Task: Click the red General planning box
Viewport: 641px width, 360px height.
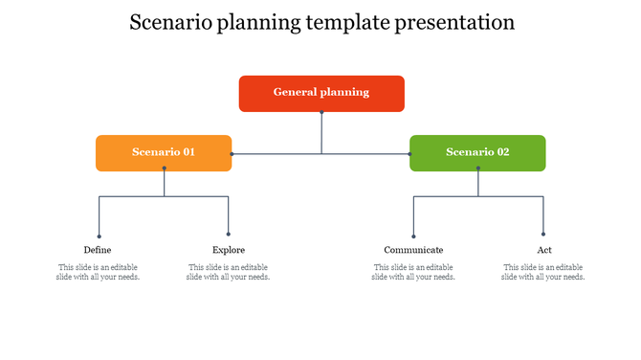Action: point(320,93)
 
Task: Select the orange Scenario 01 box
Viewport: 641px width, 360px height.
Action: point(164,152)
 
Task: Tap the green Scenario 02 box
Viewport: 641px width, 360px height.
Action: point(477,152)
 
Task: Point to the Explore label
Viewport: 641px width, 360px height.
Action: point(229,250)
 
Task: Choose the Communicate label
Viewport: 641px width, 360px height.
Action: point(413,250)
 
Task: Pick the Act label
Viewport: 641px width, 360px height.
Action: point(543,250)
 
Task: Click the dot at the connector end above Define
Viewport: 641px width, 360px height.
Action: point(99,235)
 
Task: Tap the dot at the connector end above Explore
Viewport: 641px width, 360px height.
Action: point(229,235)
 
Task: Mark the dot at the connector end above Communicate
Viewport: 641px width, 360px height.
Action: point(413,235)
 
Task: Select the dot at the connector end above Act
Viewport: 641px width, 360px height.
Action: point(543,235)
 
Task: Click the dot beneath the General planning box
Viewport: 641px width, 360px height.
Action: point(321,112)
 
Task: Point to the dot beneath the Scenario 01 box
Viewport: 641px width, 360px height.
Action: point(165,169)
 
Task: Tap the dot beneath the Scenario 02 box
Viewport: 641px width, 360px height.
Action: point(478,169)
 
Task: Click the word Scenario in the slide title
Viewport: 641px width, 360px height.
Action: point(171,23)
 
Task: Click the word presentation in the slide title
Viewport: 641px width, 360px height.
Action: point(453,23)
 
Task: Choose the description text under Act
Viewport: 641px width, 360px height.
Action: point(543,272)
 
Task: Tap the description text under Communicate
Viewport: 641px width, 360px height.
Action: point(413,272)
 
